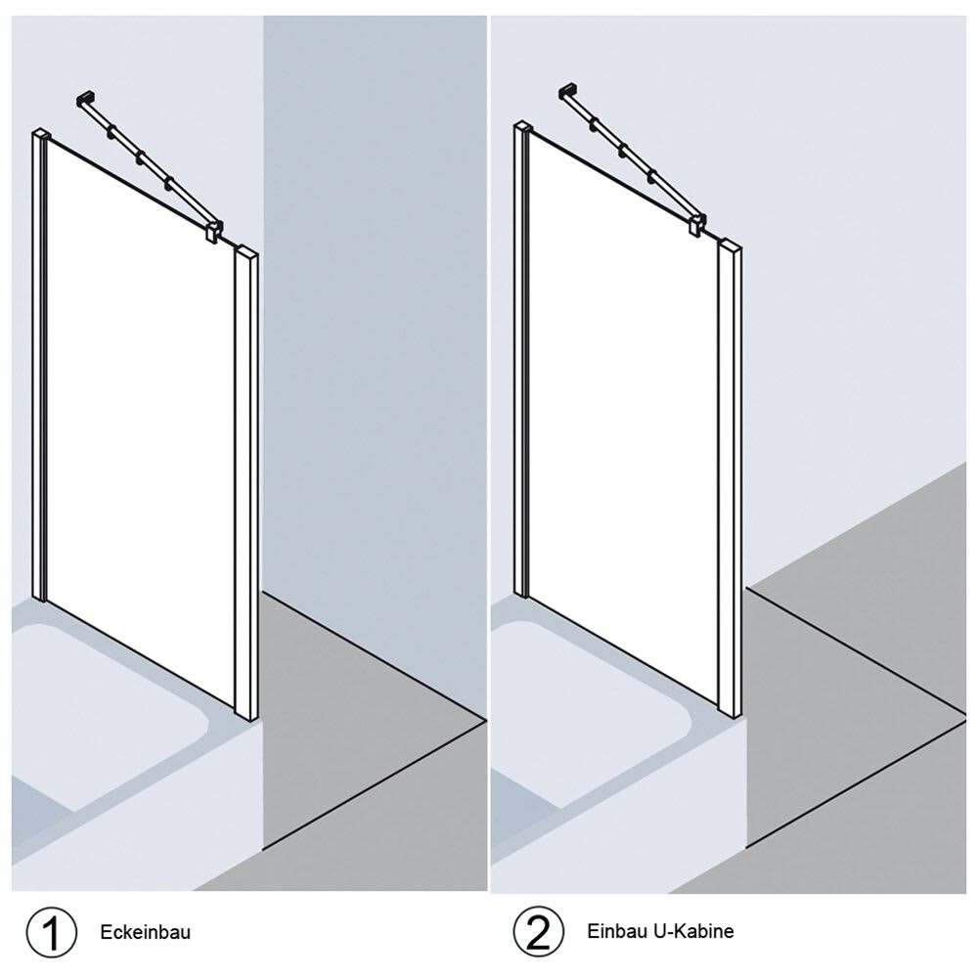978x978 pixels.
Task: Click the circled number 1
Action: click(51, 932)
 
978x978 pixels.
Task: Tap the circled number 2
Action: click(538, 932)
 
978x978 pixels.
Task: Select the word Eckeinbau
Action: click(146, 932)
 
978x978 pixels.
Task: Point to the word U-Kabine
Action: click(694, 931)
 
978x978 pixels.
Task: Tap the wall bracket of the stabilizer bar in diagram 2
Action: click(567, 91)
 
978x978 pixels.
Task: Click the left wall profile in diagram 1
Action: click(39, 366)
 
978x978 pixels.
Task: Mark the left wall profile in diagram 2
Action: click(521, 360)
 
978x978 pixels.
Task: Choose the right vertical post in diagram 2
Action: click(730, 478)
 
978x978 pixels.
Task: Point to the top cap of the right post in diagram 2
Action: click(731, 244)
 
